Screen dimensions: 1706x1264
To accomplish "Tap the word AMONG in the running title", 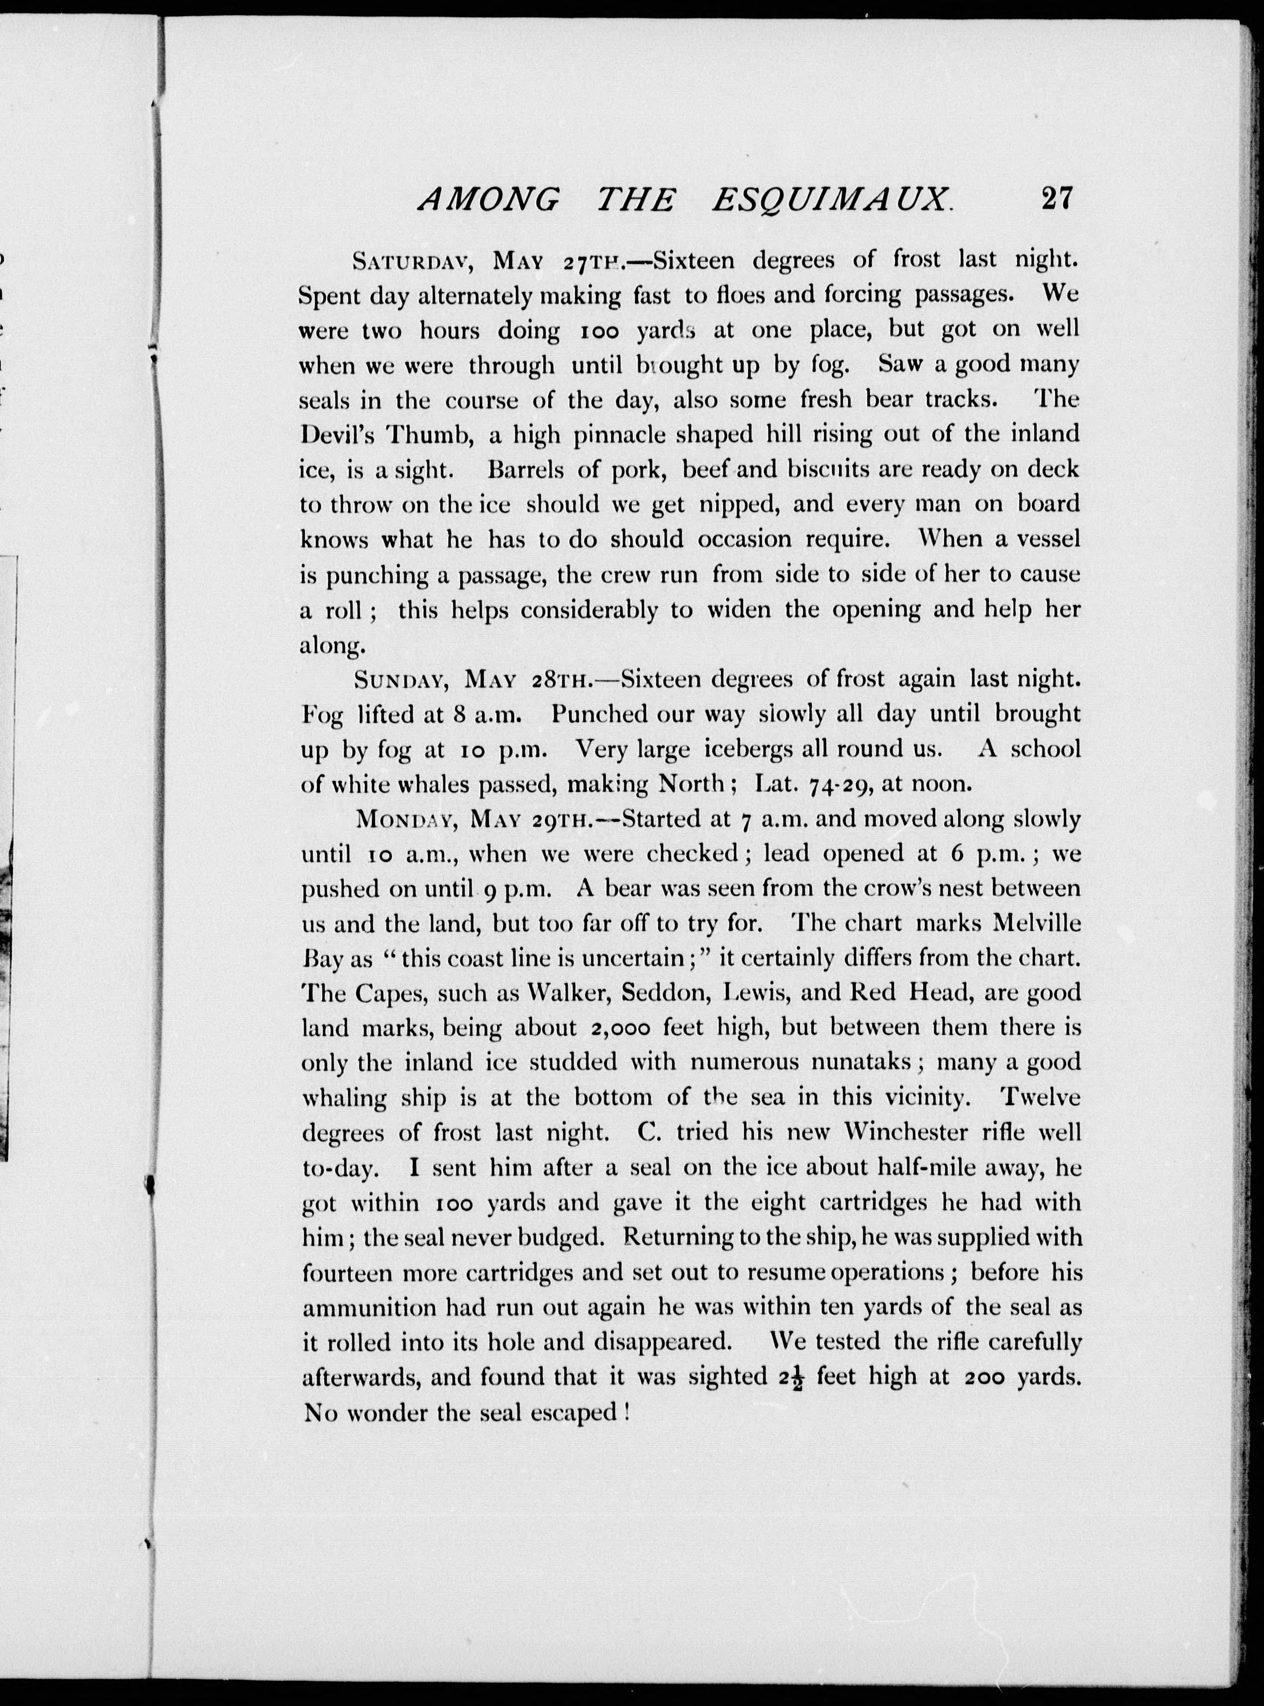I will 490,201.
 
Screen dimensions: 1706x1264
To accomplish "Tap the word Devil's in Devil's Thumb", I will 337,434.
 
